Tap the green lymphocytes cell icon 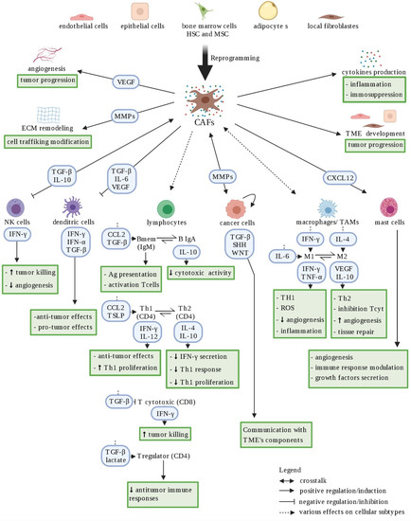tap(165, 207)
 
